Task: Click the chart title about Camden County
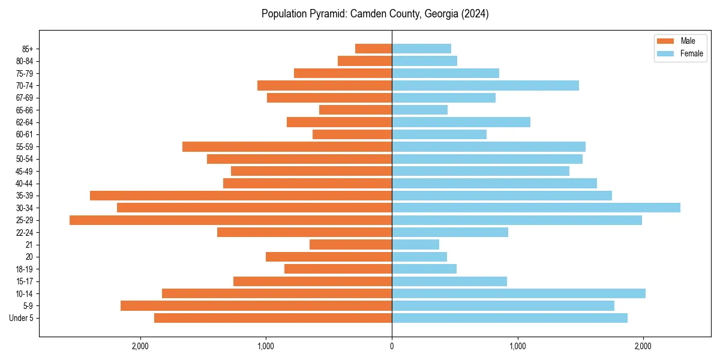[x=375, y=14]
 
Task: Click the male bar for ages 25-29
[x=230, y=220]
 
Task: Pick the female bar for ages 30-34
[x=536, y=208]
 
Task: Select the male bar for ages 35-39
[x=241, y=196]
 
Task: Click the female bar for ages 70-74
[x=485, y=85]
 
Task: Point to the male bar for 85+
[x=373, y=49]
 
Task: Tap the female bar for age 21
[x=415, y=244]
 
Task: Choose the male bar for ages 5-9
[x=256, y=305]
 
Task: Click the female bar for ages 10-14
[x=518, y=293]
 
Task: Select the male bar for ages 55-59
[x=287, y=146]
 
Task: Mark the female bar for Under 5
[x=509, y=318]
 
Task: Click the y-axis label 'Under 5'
[x=21, y=318]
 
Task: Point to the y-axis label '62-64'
[x=25, y=122]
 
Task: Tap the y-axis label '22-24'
[x=25, y=232]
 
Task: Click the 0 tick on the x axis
[x=392, y=346]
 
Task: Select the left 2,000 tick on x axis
[x=140, y=346]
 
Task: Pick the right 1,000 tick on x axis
[x=517, y=346]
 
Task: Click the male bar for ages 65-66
[x=355, y=110]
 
